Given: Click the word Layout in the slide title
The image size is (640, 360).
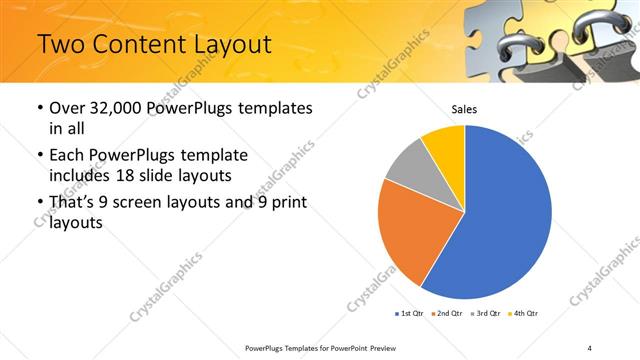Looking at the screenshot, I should (x=227, y=45).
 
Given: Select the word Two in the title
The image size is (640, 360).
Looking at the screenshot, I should (x=62, y=45).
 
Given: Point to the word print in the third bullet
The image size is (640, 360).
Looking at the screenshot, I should (x=286, y=203).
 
